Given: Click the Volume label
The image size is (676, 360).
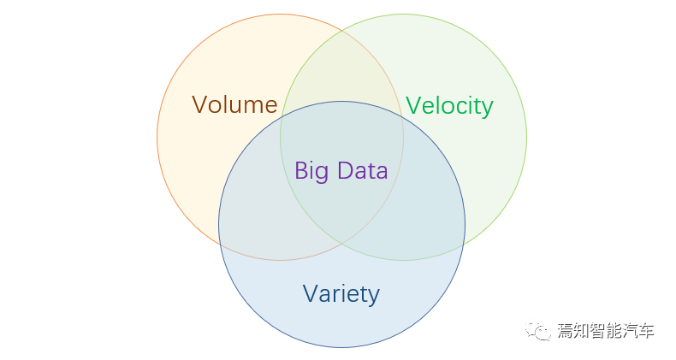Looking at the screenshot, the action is (234, 104).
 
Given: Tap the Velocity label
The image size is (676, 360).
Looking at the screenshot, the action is (449, 106).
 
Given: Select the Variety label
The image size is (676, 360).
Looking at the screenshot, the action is (341, 294).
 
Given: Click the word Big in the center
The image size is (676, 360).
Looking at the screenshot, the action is (312, 171).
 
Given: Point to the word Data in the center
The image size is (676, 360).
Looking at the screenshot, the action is (363, 170).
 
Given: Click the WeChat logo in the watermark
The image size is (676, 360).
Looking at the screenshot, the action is (537, 331).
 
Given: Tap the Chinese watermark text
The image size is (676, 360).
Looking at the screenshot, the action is (606, 331).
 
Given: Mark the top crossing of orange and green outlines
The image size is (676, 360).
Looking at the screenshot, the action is (342, 31).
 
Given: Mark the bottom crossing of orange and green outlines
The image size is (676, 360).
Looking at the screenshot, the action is (342, 244).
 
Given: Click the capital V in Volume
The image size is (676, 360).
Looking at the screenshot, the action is (200, 104).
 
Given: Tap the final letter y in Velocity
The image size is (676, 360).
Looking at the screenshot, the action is (488, 109).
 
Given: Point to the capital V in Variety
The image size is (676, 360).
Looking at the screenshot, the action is (311, 293).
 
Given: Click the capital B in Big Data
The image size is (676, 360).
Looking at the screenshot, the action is (301, 170).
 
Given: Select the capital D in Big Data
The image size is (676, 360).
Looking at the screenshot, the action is (346, 170).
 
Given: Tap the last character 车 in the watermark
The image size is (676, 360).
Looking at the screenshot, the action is (646, 331).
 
